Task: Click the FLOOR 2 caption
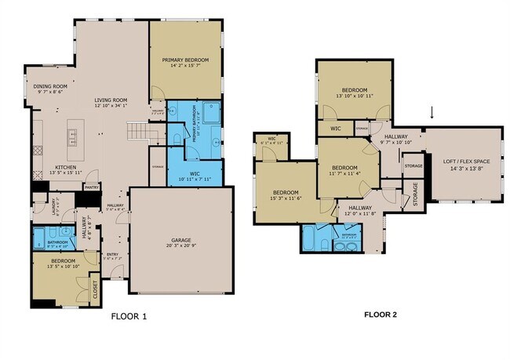tap(381, 315)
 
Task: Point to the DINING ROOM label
tap(49, 89)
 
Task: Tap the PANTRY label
tap(92, 187)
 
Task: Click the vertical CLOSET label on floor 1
tap(96, 289)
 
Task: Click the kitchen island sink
tap(72, 139)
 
